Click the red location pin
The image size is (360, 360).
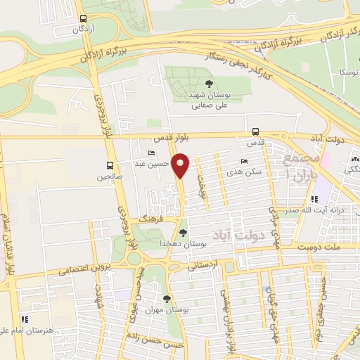pyautogui.click(x=181, y=166)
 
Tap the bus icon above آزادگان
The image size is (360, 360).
pyautogui.click(x=84, y=19)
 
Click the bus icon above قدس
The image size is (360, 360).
pyautogui.click(x=255, y=131)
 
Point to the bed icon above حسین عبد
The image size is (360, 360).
pyautogui.click(x=151, y=153)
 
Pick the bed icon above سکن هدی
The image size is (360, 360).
pyautogui.click(x=244, y=161)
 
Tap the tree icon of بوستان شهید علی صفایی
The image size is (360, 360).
pyautogui.click(x=193, y=83)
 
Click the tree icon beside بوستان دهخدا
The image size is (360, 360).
pyautogui.click(x=183, y=232)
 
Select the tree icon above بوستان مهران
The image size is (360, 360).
pyautogui.click(x=167, y=299)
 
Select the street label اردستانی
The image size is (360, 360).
pyautogui.click(x=203, y=266)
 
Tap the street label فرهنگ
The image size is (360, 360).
pyautogui.click(x=150, y=219)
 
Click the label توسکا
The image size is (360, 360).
pyautogui.click(x=349, y=72)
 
